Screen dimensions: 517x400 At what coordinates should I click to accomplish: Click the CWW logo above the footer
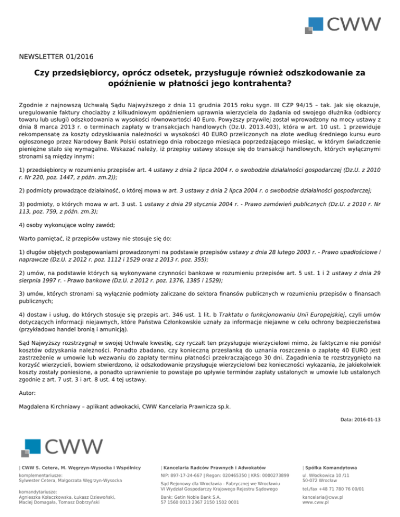[x=62, y=447]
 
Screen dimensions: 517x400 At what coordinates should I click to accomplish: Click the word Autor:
[x=27, y=393]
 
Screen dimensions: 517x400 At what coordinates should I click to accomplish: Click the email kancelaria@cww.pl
[x=324, y=497]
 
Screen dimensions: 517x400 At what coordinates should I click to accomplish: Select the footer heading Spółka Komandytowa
[x=334, y=468]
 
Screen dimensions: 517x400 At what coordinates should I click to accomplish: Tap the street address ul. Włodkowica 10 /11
[x=327, y=475]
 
